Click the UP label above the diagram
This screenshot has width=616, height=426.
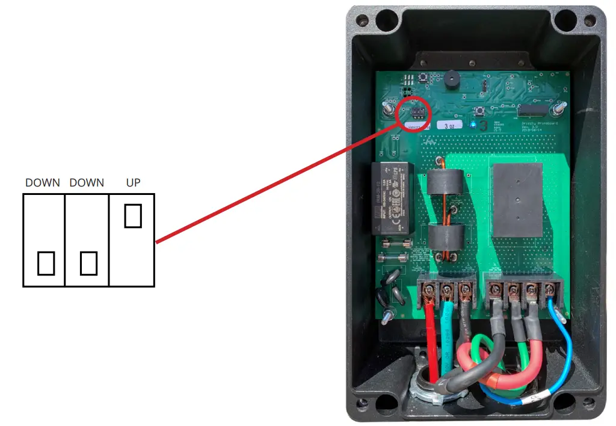click(133, 182)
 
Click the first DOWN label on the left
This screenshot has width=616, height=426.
click(43, 182)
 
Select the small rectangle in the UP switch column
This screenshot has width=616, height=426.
click(133, 215)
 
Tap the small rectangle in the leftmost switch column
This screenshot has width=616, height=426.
click(46, 263)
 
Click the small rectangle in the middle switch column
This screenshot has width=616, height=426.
click(88, 263)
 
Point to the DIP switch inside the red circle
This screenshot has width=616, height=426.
click(418, 112)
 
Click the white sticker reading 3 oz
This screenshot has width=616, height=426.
click(449, 125)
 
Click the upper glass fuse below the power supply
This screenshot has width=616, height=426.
click(395, 244)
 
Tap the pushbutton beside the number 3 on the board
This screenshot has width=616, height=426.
click(479, 111)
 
